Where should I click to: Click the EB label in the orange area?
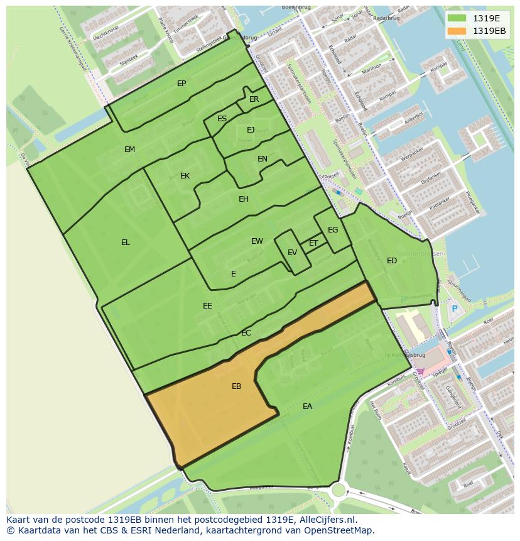236,386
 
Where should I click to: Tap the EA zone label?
307,407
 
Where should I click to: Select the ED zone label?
392,261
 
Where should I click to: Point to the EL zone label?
126,243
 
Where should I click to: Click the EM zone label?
129,150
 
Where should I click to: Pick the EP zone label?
181,84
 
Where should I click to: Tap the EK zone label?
185,176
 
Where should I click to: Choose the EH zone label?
244,199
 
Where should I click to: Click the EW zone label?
257,241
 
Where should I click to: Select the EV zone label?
292,253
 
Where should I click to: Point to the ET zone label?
313,243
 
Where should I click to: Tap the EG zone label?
333,230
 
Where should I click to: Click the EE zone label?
207,306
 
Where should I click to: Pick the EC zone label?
246,333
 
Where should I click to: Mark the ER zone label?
254,99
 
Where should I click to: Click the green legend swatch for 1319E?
457,18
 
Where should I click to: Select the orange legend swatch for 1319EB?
457,31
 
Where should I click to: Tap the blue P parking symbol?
454,309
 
